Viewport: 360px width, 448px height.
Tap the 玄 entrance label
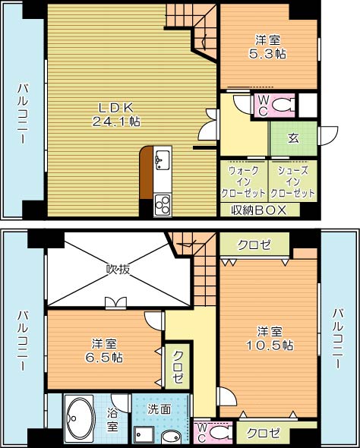tap(292, 138)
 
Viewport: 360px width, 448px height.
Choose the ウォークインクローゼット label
tap(243, 182)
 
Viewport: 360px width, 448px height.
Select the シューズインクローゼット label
tap(292, 182)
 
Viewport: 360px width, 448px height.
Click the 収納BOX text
tap(258, 210)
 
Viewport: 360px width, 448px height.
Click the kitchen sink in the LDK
tap(162, 159)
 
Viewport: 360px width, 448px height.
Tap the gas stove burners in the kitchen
tap(163, 203)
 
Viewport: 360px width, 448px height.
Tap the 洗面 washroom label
tap(159, 409)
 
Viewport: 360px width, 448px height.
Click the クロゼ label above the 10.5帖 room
tap(254, 245)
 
